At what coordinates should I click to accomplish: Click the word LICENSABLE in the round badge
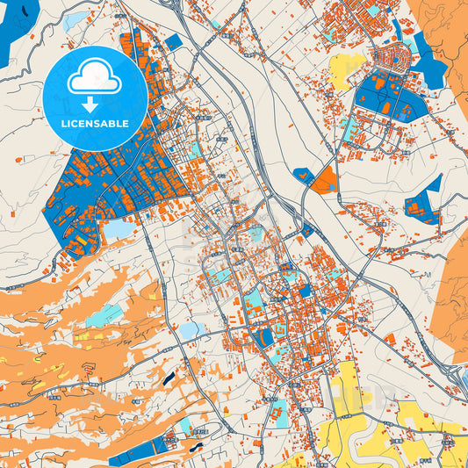click(x=95, y=123)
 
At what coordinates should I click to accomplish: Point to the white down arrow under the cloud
click(x=95, y=104)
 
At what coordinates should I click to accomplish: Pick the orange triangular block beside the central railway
click(x=324, y=181)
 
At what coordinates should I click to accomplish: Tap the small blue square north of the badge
click(x=173, y=41)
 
